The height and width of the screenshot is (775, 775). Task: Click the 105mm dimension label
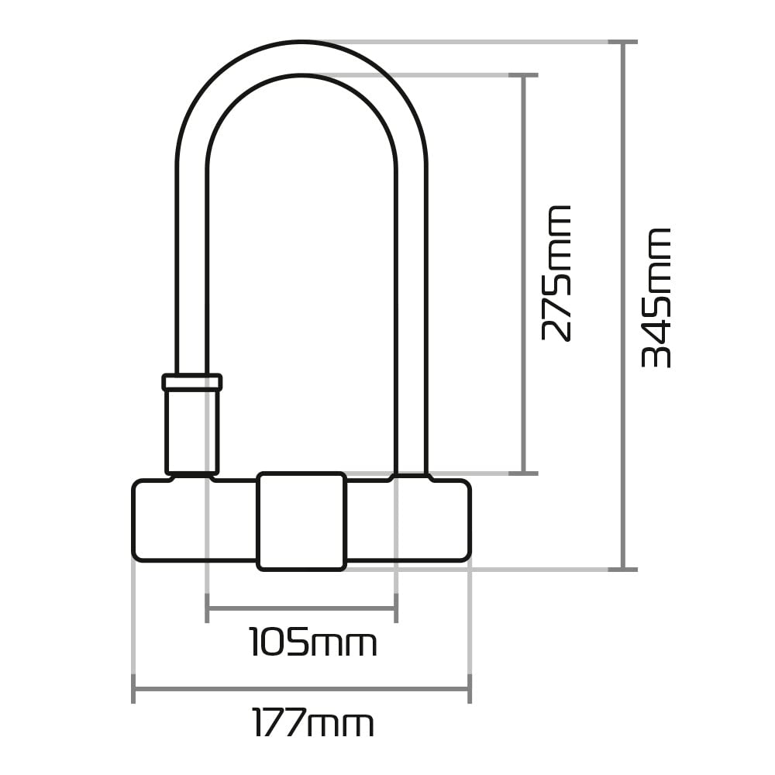click(x=312, y=643)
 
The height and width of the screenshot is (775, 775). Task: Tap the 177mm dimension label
click(x=313, y=724)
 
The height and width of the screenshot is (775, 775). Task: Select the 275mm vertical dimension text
click(x=556, y=273)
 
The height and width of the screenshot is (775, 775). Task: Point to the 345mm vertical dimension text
click(x=656, y=298)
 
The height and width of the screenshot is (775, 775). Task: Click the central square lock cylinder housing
click(x=301, y=521)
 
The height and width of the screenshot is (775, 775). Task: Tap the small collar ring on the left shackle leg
click(x=192, y=382)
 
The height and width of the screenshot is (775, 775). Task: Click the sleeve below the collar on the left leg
click(x=192, y=430)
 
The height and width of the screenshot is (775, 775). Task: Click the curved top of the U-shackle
click(x=301, y=58)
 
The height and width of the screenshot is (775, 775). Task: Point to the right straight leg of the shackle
click(x=411, y=310)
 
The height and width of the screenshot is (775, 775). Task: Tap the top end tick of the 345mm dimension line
click(x=623, y=42)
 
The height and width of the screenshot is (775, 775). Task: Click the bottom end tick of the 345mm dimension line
click(x=623, y=569)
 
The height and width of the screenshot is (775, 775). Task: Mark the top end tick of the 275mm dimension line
click(x=524, y=75)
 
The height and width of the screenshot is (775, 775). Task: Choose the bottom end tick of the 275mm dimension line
click(x=524, y=472)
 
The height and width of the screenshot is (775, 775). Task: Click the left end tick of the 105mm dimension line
click(x=207, y=608)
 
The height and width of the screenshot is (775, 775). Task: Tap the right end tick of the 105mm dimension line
click(x=396, y=608)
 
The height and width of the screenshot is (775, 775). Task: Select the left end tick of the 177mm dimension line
click(x=134, y=688)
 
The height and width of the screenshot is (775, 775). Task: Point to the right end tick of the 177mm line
click(x=470, y=688)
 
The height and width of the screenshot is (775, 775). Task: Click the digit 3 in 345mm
click(x=656, y=353)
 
